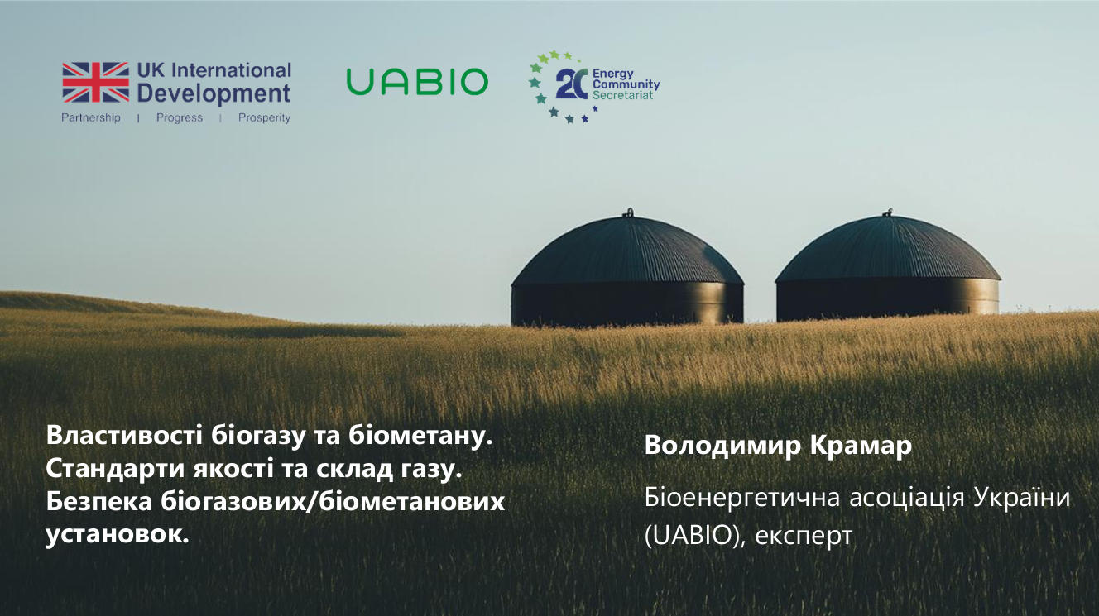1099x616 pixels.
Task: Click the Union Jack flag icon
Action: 96,83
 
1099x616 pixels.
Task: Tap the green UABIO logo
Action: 417,81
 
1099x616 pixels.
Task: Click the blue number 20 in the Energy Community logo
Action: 572,84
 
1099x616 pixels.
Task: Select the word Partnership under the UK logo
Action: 91,117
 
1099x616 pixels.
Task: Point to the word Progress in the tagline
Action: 180,117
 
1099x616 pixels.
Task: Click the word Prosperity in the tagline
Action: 265,117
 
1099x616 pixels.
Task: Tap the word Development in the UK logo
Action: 214,93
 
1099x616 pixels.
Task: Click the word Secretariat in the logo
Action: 622,95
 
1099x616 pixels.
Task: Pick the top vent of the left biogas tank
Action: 630,212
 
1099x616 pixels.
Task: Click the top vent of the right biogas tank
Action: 889,212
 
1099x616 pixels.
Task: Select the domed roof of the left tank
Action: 627,251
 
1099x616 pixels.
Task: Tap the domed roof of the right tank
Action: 888,249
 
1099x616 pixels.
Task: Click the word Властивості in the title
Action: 125,435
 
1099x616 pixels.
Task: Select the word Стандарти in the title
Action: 115,469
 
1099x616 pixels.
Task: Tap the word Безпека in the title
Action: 99,501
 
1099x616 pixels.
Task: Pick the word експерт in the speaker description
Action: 804,536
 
